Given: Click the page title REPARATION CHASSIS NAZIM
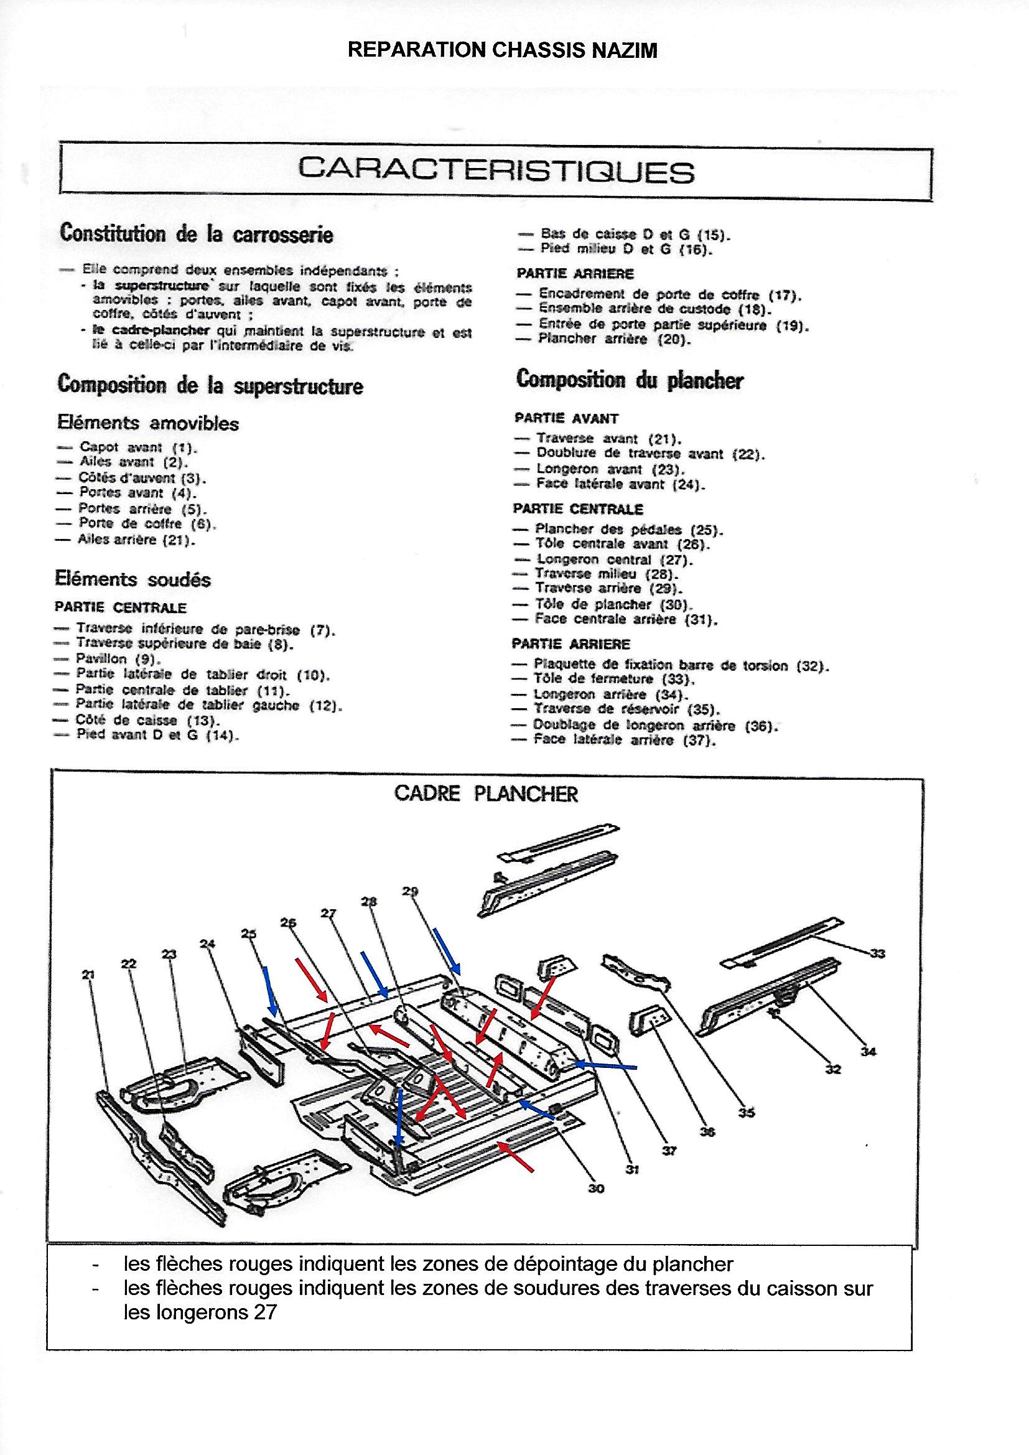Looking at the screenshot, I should coord(503,50).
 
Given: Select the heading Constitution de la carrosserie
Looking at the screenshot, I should coord(197,234).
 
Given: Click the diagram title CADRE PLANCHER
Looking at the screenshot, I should coord(486,795).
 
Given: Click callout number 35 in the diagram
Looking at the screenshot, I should coord(747,1130).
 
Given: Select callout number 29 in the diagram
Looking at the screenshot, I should coord(410,892).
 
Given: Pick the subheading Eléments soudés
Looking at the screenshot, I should coord(133,579).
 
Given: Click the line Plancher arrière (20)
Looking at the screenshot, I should coord(606,339).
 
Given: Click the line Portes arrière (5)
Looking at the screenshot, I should coord(142,509).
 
